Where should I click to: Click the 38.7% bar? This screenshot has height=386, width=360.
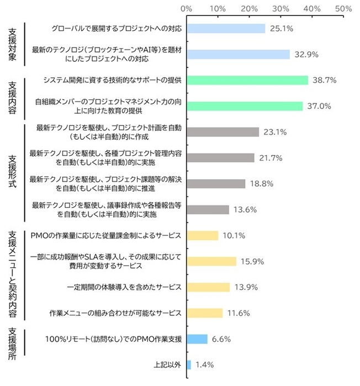click(247, 80)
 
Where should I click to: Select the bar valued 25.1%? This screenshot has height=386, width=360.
click(226, 28)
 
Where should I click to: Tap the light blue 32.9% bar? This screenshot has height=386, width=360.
click(239, 54)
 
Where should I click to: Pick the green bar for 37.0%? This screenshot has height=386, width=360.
click(245, 106)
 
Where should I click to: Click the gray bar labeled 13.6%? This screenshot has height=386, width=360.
click(208, 209)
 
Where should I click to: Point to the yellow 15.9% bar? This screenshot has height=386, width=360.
click(211, 261)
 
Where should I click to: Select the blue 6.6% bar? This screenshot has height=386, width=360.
click(197, 339)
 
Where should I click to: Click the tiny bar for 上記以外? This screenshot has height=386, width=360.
click(189, 364)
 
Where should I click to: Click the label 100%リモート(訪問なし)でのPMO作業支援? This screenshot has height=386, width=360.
click(114, 339)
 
